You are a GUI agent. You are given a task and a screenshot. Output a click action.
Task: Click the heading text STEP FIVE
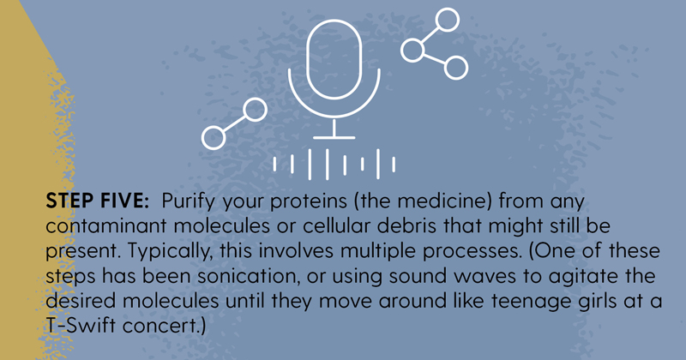coord(98,201)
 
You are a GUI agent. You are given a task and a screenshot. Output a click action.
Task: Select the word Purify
coord(188,202)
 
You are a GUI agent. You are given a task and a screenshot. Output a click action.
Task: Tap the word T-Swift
coord(81,326)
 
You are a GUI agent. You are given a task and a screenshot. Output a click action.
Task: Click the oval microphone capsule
coord(334,59)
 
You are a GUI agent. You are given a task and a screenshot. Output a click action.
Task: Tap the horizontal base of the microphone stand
coord(334,137)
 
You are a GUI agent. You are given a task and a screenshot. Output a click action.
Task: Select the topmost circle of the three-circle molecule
coord(447,20)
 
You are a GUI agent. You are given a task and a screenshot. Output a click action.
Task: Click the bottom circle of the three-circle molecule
coord(456,68)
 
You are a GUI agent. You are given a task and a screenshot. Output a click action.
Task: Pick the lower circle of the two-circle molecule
coord(214,138)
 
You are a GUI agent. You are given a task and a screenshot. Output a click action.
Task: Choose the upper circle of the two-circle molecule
coord(255,110)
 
